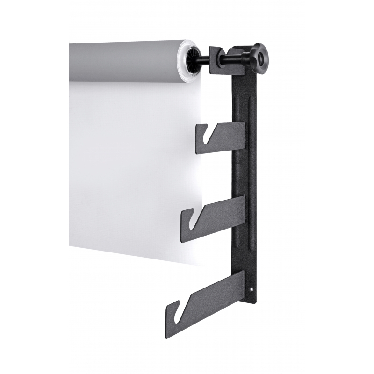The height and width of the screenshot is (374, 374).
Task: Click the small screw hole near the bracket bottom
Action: (x=252, y=289)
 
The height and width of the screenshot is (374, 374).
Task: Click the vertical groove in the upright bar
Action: (x=252, y=140)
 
